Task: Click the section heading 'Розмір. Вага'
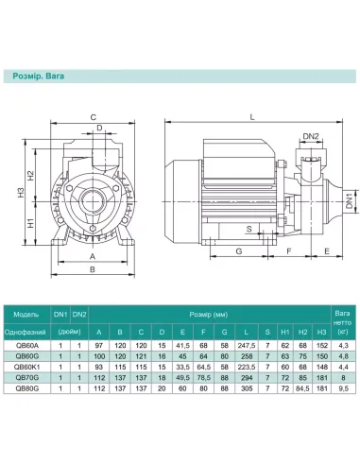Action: [x=39, y=76]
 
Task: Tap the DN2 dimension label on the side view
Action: [x=311, y=136]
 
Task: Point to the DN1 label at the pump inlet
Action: [x=349, y=200]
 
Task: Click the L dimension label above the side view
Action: [x=252, y=117]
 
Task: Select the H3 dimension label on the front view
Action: [x=21, y=193]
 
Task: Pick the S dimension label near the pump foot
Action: [x=249, y=229]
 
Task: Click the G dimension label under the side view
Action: [x=239, y=251]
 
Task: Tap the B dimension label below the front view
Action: [x=93, y=269]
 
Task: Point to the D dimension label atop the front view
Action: [x=99, y=128]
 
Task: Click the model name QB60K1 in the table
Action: [x=27, y=367]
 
